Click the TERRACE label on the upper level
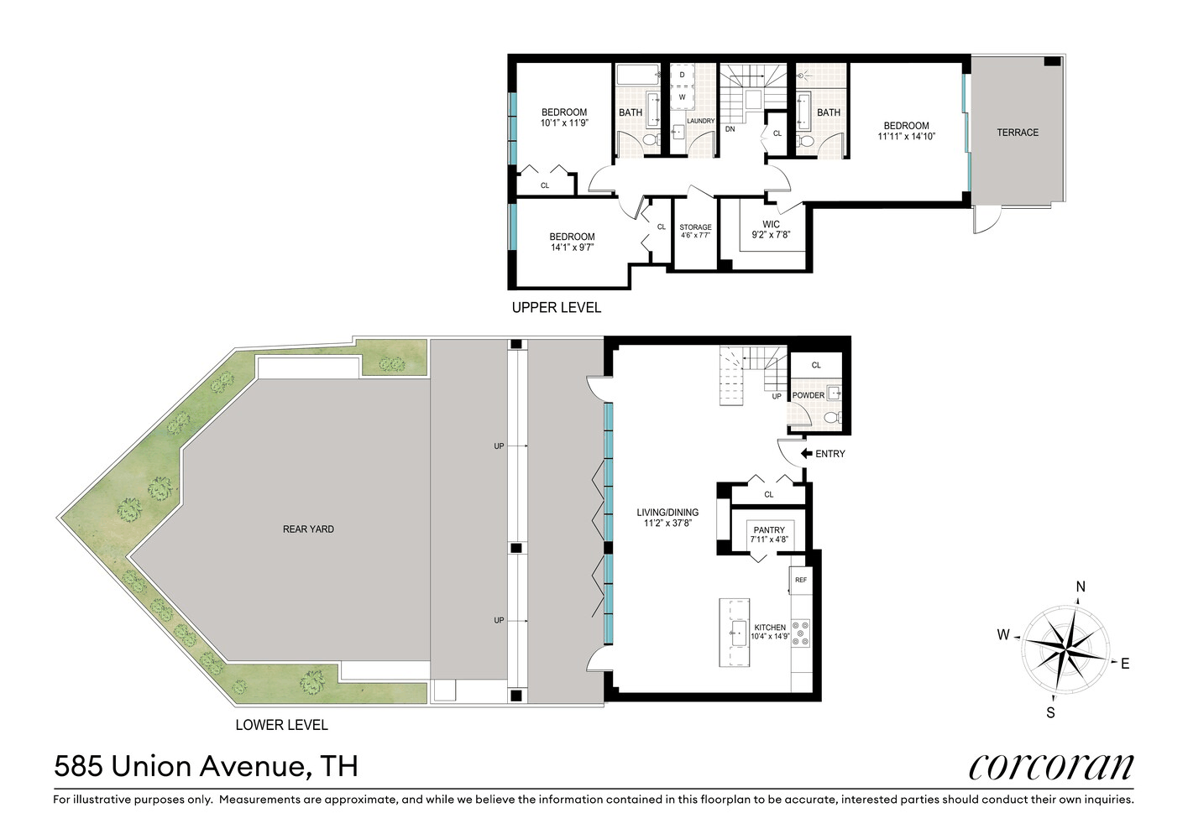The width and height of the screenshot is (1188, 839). tap(1018, 133)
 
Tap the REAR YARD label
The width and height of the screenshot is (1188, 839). tap(308, 529)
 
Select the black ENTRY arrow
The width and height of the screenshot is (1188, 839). tap(806, 453)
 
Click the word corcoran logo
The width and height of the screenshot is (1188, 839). tap(1051, 766)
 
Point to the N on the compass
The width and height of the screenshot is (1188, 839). tap(1081, 586)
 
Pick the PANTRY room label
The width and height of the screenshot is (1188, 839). tap(769, 530)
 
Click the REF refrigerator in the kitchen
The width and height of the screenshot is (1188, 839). tap(801, 580)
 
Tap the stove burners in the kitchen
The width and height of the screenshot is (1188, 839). tap(801, 633)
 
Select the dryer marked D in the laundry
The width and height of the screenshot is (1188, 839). tap(682, 76)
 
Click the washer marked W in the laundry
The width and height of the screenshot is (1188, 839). tap(682, 97)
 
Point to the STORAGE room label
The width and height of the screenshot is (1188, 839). tap(695, 227)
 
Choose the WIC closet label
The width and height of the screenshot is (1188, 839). tap(771, 224)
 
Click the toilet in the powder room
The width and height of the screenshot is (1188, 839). tap(832, 417)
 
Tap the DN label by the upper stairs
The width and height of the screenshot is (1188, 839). tap(730, 129)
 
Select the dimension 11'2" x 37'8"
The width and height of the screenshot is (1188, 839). tap(667, 523)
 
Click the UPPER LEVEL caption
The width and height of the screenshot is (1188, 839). tap(557, 307)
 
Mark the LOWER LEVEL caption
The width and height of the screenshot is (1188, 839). tap(281, 725)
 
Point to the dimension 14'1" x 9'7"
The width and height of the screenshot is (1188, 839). tap(572, 247)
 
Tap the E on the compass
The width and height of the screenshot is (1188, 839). tap(1125, 664)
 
